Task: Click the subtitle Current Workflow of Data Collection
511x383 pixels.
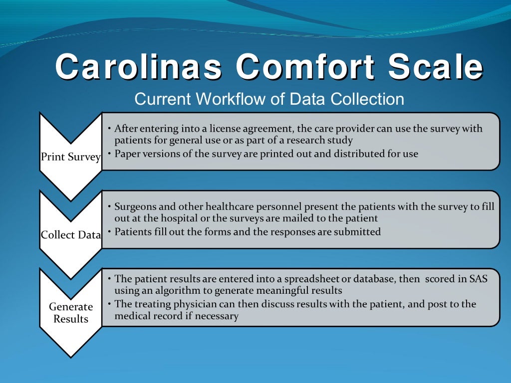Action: click(269, 99)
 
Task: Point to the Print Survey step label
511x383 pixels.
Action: click(70, 157)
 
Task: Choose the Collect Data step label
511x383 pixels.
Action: click(70, 235)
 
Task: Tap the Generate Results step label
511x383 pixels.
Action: click(70, 313)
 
